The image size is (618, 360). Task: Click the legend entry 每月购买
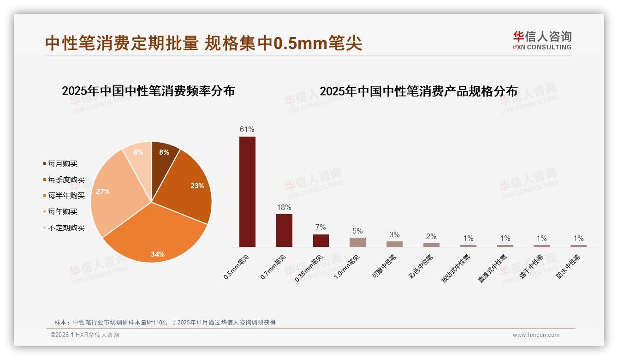pyautogui.click(x=63, y=164)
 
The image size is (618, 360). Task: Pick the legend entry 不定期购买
pyautogui.click(x=66, y=228)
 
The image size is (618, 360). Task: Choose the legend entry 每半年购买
pyautogui.click(x=66, y=196)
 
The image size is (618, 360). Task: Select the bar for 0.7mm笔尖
pyautogui.click(x=284, y=230)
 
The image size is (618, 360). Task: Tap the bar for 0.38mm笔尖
pyautogui.click(x=321, y=240)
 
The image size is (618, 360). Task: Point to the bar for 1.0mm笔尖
pyautogui.click(x=357, y=242)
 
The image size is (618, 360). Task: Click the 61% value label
pyautogui.click(x=247, y=129)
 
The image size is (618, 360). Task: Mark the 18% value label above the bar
pyautogui.click(x=284, y=207)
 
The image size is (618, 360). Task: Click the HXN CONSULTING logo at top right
pyautogui.click(x=542, y=41)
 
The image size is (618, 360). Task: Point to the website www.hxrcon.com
pyautogui.click(x=536, y=335)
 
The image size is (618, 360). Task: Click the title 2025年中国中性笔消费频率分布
pyautogui.click(x=149, y=91)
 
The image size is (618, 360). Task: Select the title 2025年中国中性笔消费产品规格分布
pyautogui.click(x=419, y=91)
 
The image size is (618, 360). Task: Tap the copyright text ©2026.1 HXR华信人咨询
pyautogui.click(x=85, y=335)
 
